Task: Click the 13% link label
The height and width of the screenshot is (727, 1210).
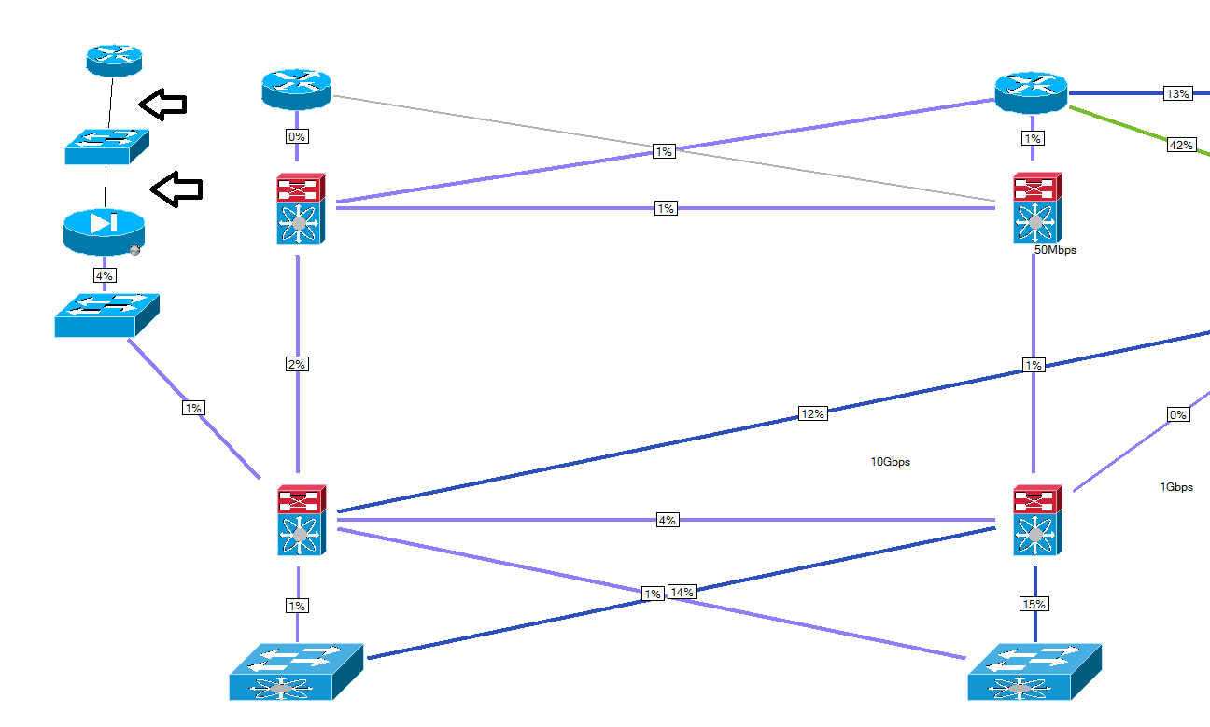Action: click(x=1177, y=93)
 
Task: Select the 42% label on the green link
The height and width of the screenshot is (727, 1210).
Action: click(x=1181, y=145)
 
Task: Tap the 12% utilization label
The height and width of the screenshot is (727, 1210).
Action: click(x=812, y=413)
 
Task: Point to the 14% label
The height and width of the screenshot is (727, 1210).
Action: click(x=682, y=592)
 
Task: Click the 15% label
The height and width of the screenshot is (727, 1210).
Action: click(x=1034, y=604)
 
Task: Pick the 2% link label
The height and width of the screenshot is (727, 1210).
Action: click(x=297, y=364)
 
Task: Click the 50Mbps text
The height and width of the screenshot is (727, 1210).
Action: click(x=1055, y=250)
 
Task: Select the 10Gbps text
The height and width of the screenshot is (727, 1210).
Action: click(x=890, y=462)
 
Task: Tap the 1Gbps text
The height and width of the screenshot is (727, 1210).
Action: click(x=1176, y=487)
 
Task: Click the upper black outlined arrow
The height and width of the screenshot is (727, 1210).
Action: click(x=162, y=104)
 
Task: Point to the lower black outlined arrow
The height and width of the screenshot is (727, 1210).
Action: click(x=176, y=189)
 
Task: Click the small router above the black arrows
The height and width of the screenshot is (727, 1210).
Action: click(x=114, y=60)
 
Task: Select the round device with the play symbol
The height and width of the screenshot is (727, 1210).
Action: click(x=104, y=230)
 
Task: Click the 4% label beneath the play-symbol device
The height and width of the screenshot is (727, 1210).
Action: click(x=104, y=275)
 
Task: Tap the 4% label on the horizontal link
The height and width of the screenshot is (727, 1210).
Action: click(x=667, y=520)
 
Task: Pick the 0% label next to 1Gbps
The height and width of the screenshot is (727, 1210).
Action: click(x=1178, y=414)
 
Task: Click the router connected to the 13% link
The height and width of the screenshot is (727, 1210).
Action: click(x=1031, y=91)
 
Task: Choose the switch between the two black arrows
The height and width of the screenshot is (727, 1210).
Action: click(x=106, y=146)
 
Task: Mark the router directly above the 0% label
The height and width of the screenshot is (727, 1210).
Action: click(x=297, y=90)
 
